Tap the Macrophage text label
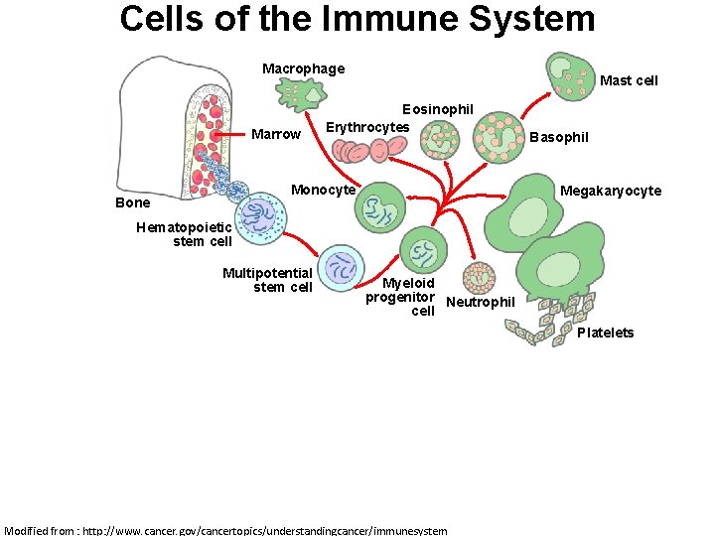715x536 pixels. (303, 68)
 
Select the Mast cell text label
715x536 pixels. (629, 80)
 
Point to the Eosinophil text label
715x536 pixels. (437, 108)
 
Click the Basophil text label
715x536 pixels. (558, 137)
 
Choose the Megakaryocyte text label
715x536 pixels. (611, 191)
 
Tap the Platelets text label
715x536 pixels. (605, 333)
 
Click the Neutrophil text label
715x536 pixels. (481, 302)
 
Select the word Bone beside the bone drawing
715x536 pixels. (133, 202)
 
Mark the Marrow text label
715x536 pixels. (276, 134)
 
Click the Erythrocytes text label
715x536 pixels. (367, 127)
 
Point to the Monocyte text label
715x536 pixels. (323, 190)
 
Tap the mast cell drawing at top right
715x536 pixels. (570, 71)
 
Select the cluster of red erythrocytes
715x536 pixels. (369, 149)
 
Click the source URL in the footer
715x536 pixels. (225, 530)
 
